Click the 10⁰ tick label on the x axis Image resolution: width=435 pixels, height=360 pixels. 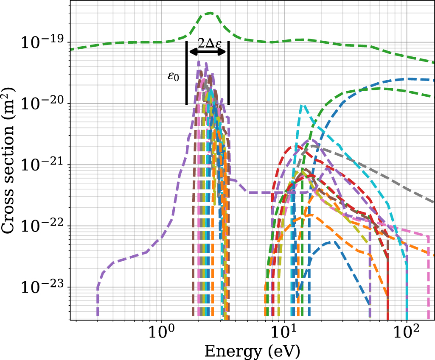(x=161, y=331)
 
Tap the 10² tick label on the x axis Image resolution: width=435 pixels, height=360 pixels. (x=407, y=331)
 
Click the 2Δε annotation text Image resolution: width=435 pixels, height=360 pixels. (x=208, y=43)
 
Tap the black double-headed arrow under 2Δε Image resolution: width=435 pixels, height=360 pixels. (x=208, y=52)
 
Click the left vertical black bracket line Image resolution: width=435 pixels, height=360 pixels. (x=186, y=73)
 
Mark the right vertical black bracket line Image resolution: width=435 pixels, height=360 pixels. (x=229, y=73)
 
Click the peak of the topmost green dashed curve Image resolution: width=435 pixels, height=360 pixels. (x=210, y=13)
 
